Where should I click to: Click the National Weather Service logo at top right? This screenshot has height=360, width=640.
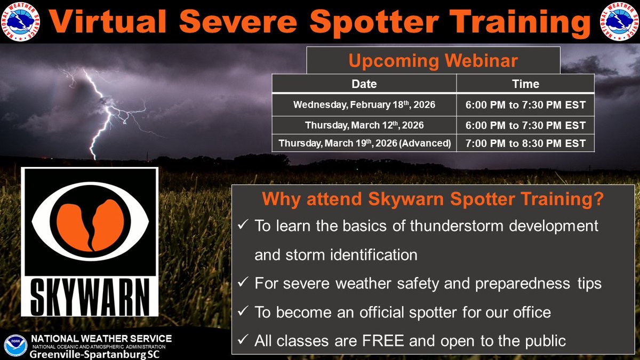619,21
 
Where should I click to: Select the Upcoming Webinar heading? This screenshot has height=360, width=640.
433,60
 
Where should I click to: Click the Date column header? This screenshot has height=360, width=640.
364,84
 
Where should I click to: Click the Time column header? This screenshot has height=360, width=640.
525,84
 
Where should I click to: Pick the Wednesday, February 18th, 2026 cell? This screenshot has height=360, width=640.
364,105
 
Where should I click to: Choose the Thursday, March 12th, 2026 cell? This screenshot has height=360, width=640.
364,125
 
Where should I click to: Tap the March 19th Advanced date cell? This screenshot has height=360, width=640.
364,143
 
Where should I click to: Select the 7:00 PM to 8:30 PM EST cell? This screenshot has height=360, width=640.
525,143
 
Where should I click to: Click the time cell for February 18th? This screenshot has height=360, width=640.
525,105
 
